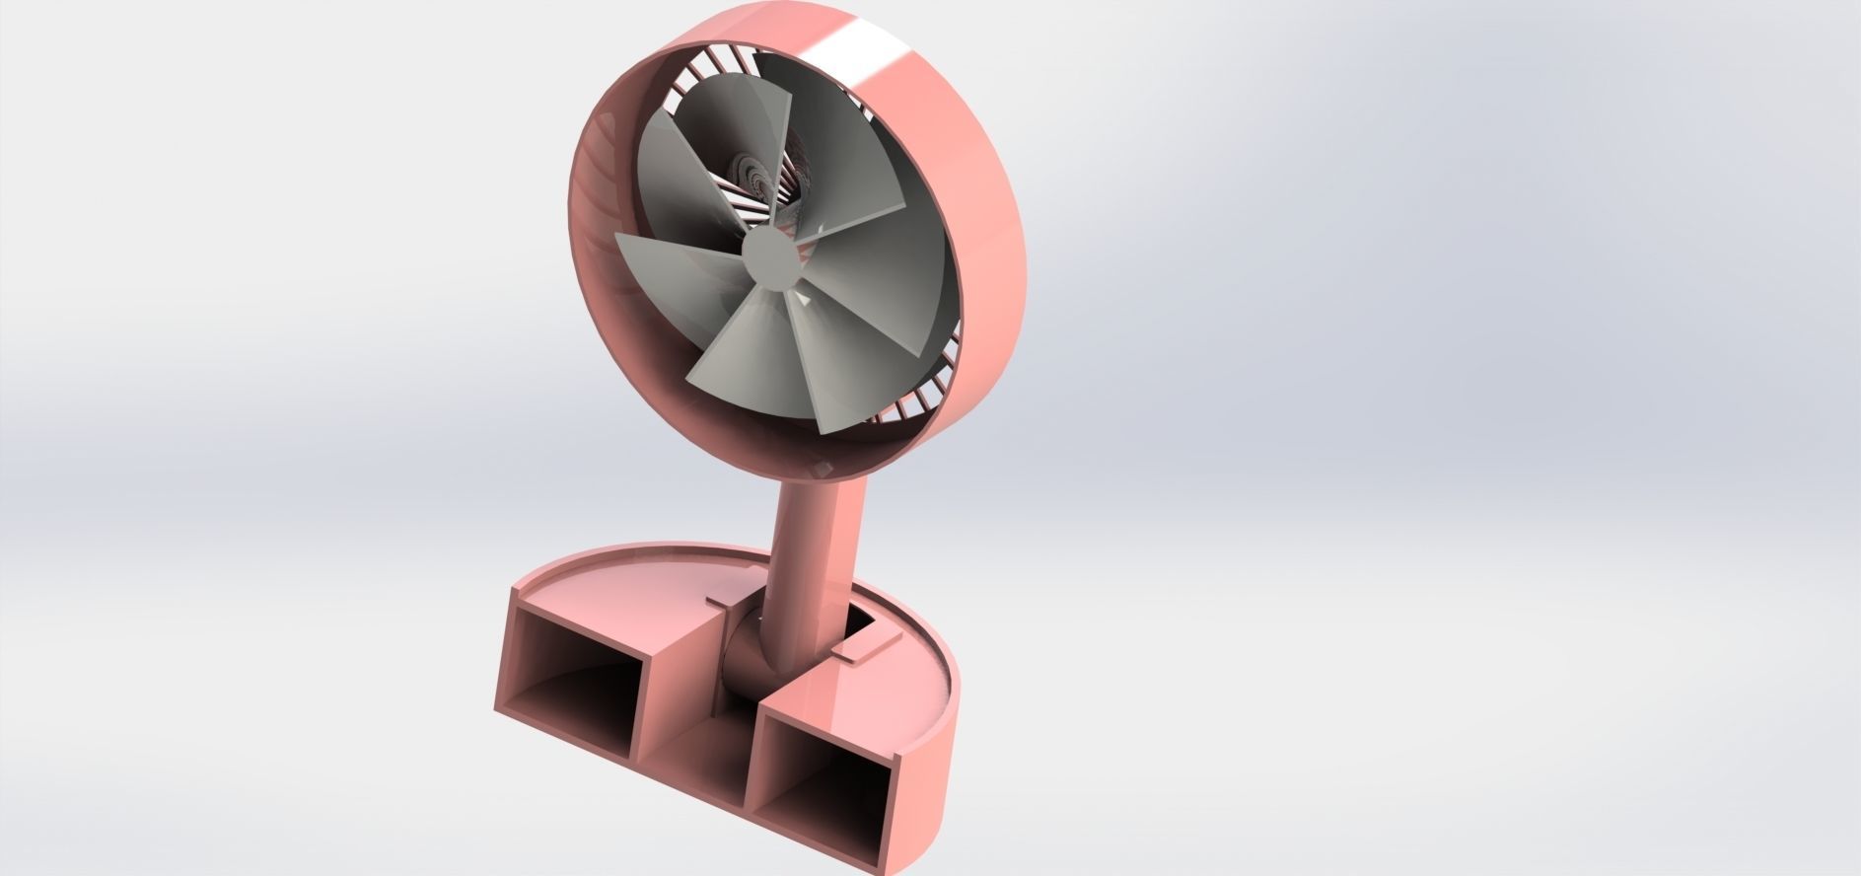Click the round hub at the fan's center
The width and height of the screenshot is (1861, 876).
click(x=769, y=258)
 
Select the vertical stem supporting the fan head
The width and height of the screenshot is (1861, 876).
click(x=818, y=552)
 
